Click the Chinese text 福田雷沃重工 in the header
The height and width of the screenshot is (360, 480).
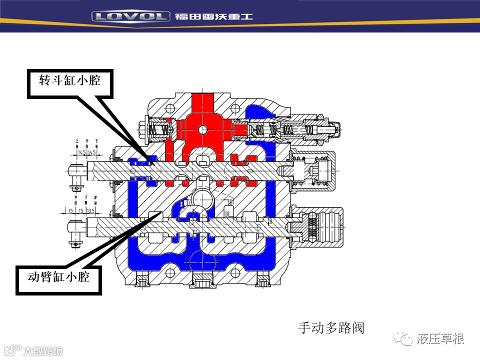point(214,16)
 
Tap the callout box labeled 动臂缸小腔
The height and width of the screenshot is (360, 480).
point(59,276)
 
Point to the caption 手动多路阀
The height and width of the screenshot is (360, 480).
point(331,328)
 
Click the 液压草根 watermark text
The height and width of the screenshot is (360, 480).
point(440,339)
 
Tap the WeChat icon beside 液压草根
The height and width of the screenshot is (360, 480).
point(404,339)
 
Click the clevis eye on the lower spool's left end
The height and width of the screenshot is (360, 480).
point(75,229)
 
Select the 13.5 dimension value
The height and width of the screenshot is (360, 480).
point(91,211)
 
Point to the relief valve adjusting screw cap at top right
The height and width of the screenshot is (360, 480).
point(334,131)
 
